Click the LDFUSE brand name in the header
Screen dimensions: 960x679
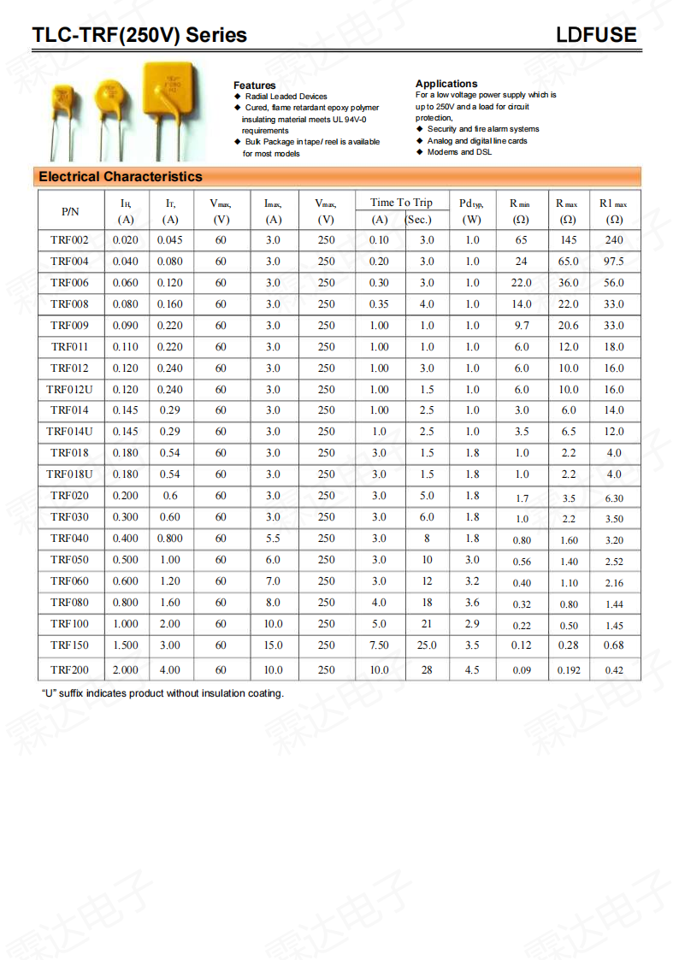596,35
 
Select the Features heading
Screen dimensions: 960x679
255,85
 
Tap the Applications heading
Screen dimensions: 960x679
446,84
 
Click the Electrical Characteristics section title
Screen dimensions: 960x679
121,177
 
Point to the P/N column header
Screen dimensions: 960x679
70,210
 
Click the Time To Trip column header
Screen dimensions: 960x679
401,203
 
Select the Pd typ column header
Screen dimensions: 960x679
471,203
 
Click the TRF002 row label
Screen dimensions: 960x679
69,240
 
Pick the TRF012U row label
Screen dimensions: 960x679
69,390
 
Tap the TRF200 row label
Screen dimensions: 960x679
69,670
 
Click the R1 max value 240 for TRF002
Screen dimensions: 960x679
614,240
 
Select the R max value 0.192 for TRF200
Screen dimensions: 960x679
569,670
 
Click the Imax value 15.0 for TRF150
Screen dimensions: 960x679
273,645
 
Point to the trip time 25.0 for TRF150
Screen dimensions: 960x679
427,645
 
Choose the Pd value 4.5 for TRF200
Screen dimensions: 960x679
472,670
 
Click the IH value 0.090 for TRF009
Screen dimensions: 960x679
125,326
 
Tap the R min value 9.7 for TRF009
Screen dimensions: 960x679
522,326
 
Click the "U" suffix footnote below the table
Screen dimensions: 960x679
162,693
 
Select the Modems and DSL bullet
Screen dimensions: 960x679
459,152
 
